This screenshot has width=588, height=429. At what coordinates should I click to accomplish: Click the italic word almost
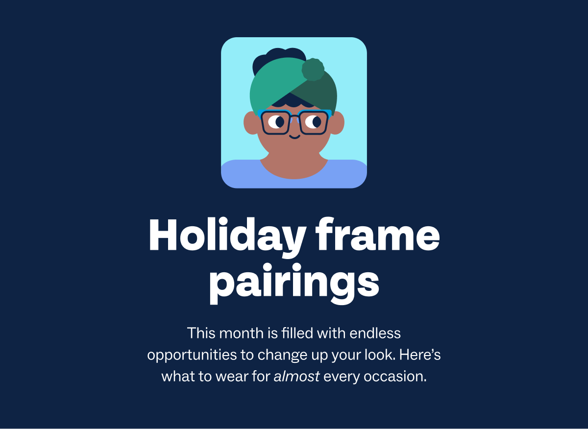[x=296, y=377]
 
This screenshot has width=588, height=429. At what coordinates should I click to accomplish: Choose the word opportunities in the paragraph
[x=193, y=356]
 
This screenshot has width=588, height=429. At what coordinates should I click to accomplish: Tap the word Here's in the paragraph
[x=420, y=355]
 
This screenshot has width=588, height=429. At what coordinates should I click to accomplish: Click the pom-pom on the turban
[x=313, y=70]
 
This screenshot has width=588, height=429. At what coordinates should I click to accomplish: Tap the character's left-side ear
[x=251, y=122]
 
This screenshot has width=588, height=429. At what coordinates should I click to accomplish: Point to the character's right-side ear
[x=337, y=122]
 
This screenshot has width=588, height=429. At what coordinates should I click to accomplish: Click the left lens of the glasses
[x=276, y=122]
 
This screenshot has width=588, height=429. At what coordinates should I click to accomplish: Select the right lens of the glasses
[x=313, y=122]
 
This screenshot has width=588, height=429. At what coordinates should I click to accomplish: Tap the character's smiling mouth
[x=294, y=136]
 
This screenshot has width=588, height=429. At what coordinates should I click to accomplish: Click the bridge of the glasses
[x=294, y=118]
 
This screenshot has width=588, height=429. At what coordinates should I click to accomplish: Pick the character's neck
[x=294, y=164]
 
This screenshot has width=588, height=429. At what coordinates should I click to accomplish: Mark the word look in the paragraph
[x=380, y=355]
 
